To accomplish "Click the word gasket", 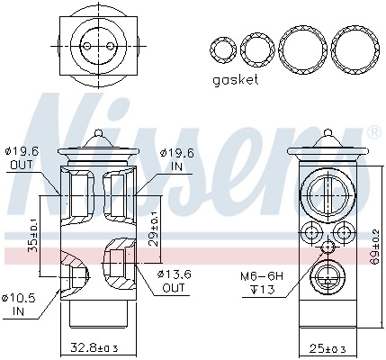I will pyautogui.click(x=235, y=79).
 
